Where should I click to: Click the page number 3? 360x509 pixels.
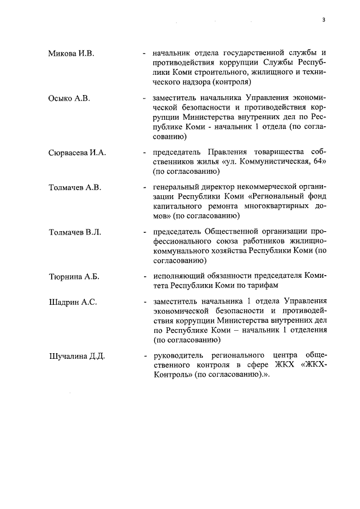click(x=324, y=20)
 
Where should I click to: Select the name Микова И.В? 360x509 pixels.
click(x=71, y=53)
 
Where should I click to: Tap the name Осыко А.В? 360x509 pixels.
click(x=69, y=98)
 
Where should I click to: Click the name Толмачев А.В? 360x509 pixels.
click(x=74, y=187)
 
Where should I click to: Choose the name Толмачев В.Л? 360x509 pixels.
click(x=74, y=232)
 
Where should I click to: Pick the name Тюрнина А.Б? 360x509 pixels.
click(x=74, y=277)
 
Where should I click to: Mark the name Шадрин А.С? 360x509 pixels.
click(x=73, y=303)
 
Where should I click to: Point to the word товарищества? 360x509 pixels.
click(x=272, y=152)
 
